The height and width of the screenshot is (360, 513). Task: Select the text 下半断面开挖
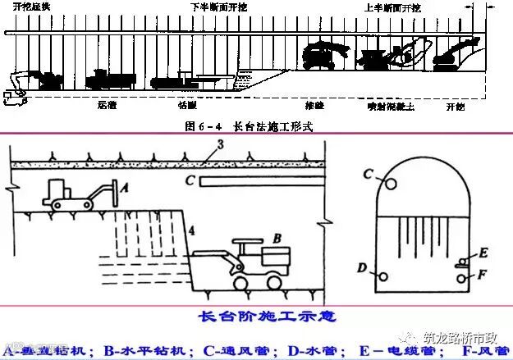(x=218, y=7)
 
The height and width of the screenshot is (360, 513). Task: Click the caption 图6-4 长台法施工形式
(x=250, y=126)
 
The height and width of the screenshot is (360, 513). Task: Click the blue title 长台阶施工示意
(x=258, y=316)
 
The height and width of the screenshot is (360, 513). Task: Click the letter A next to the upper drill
(x=126, y=188)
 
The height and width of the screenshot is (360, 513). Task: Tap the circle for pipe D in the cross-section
(x=382, y=276)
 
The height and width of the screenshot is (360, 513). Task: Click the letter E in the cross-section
(x=483, y=251)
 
